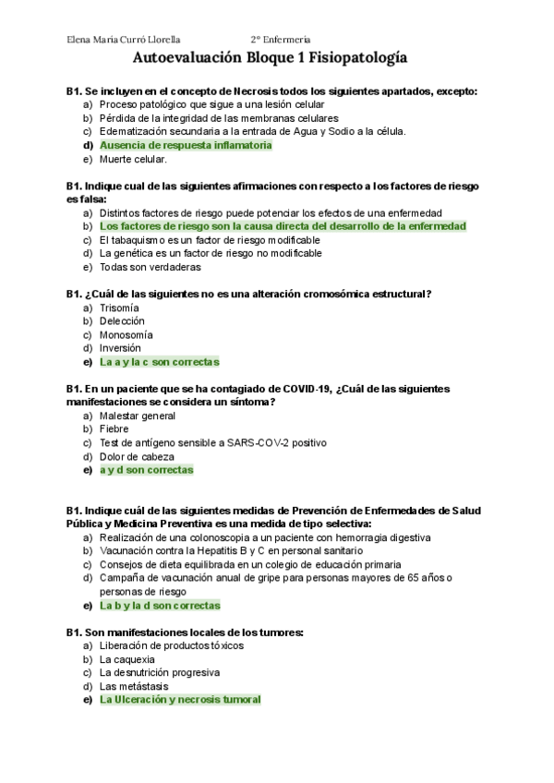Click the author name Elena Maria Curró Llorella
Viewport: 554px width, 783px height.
125,39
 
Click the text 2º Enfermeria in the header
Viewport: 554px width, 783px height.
281,39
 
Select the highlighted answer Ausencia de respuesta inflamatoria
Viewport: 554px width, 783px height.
185,145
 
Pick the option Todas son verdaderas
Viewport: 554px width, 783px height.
151,267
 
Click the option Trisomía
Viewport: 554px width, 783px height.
119,307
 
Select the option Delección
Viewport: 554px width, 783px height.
122,320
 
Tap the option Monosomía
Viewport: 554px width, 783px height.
126,334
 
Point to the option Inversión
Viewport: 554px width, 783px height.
120,348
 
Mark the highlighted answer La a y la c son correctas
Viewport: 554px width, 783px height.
159,362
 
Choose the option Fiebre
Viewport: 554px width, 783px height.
114,428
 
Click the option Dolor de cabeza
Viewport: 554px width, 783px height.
137,456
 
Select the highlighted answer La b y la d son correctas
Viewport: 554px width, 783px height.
160,606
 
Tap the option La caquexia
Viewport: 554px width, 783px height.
128,659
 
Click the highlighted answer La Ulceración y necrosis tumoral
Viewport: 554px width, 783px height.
180,700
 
